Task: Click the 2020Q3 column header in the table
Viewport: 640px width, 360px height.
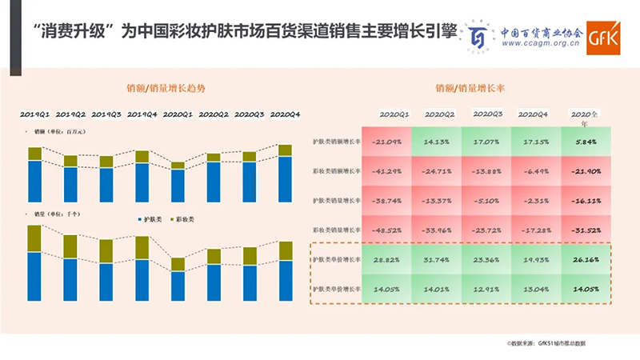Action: click(x=487, y=114)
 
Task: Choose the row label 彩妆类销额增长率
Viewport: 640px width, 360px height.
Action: click(x=336, y=171)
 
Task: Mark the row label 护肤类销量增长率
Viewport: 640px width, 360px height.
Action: click(x=336, y=201)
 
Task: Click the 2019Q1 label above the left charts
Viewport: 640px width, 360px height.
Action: click(x=34, y=114)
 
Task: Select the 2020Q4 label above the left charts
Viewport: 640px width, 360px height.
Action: click(x=285, y=114)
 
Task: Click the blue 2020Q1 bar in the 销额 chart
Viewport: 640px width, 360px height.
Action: click(x=178, y=185)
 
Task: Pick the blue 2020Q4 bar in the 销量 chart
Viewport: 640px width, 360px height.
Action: click(x=285, y=280)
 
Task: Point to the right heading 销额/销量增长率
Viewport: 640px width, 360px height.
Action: click(x=471, y=90)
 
